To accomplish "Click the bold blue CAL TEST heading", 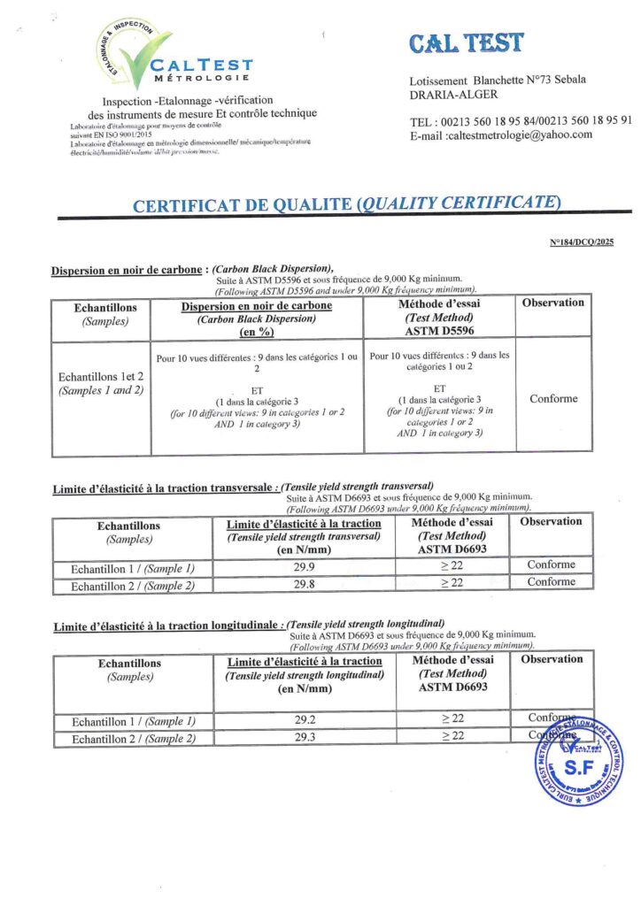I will click(467, 42).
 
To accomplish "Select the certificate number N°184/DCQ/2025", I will click(582, 242).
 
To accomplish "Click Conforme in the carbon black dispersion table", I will click(553, 399).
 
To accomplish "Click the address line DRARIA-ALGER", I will click(454, 95).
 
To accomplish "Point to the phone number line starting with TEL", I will click(521, 121).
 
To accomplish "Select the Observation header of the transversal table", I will click(551, 522).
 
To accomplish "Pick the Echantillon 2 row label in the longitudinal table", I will click(133, 739).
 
